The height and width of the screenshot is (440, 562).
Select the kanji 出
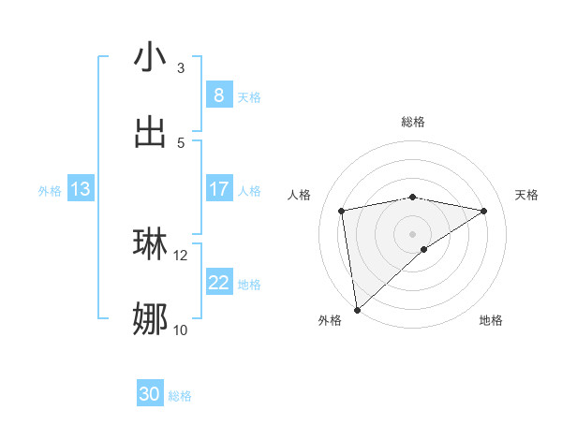[x=150, y=131]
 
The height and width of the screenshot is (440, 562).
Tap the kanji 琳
[x=150, y=242]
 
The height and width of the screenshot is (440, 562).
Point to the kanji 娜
[x=150, y=318]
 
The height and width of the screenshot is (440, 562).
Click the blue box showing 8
[x=218, y=95]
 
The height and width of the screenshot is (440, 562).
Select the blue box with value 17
[x=218, y=189]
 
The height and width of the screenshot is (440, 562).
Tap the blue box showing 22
[x=218, y=283]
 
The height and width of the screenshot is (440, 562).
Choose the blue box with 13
[x=80, y=189]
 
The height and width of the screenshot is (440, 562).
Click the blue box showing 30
[x=150, y=394]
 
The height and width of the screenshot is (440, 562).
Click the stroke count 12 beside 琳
[x=181, y=255]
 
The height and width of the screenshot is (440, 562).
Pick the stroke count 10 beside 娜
[x=181, y=330]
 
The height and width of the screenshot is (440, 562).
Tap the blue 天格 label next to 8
[x=249, y=96]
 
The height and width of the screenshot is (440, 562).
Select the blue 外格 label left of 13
[x=50, y=190]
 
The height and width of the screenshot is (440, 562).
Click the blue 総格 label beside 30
[x=180, y=395]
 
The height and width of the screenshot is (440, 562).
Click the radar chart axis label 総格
[x=413, y=122]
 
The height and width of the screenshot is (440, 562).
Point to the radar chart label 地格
[x=491, y=321]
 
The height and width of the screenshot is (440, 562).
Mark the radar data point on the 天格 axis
[x=484, y=211]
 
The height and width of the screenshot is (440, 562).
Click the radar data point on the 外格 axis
[x=356, y=309]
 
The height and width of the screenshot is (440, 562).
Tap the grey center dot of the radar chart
[x=413, y=233]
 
